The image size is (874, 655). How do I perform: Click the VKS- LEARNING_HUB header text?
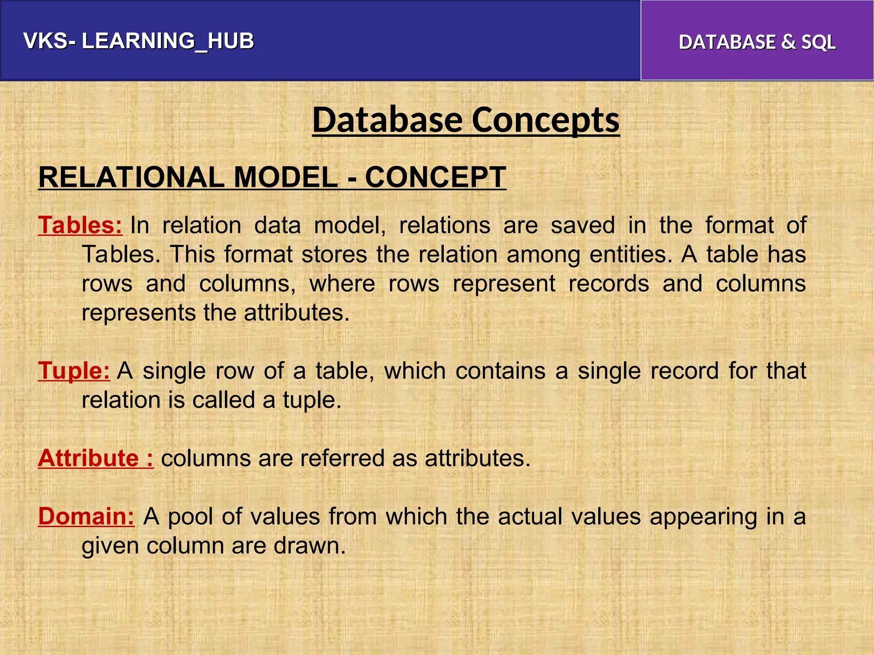click(139, 41)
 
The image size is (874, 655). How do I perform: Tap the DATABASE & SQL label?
click(757, 42)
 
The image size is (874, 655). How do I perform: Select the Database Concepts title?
click(466, 120)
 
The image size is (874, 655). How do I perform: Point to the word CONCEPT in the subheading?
click(435, 177)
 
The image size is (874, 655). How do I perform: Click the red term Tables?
click(80, 225)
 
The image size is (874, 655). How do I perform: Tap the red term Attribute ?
click(96, 458)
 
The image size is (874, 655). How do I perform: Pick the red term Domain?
click(86, 516)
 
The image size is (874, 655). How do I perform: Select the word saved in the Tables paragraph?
click(583, 225)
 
